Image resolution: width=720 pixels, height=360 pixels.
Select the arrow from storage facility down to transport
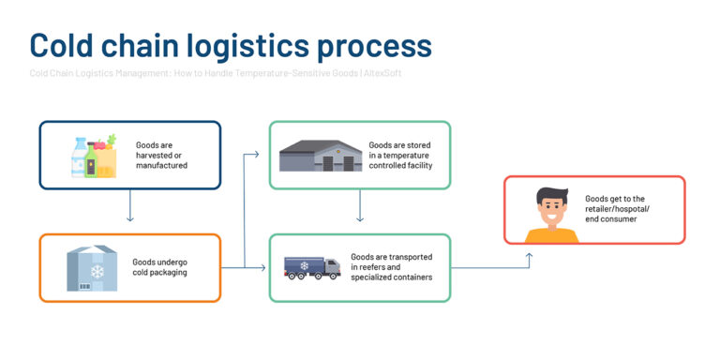pos(360,207)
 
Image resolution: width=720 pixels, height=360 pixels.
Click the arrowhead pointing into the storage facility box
pos(257,151)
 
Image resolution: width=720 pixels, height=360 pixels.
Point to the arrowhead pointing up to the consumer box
pos(529,253)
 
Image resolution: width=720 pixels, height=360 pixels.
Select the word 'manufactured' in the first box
pos(161,166)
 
